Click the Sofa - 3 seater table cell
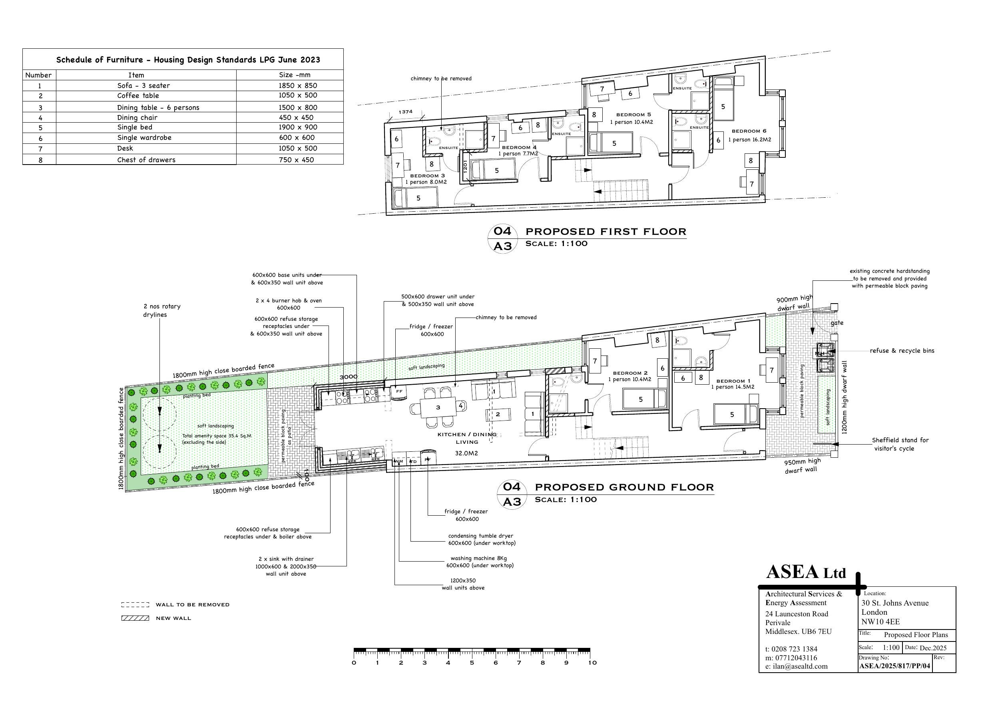(x=143, y=85)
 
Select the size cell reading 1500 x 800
(x=298, y=107)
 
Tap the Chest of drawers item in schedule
(x=146, y=160)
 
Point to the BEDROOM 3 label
(x=427, y=176)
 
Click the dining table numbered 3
(x=438, y=407)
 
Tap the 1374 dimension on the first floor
(x=405, y=112)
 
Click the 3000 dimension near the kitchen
(x=348, y=377)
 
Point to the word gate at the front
(x=837, y=323)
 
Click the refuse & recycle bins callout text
(x=902, y=351)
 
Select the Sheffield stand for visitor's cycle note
(x=900, y=444)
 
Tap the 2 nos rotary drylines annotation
(x=161, y=310)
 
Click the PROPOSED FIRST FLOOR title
(x=605, y=232)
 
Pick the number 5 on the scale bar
(x=471, y=663)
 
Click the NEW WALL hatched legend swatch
(x=135, y=618)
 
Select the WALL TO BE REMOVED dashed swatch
(x=135, y=605)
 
